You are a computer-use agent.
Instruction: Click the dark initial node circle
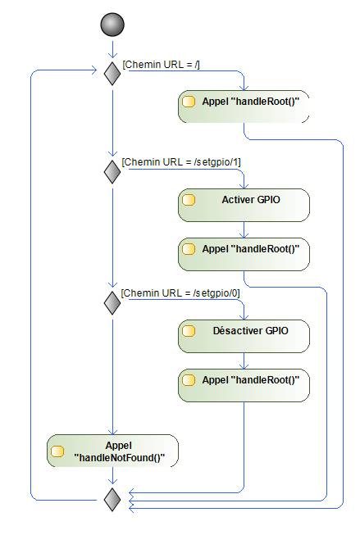click(112, 25)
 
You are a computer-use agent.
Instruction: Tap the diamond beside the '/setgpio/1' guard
click(112, 171)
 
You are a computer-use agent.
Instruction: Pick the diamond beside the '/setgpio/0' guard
click(112, 302)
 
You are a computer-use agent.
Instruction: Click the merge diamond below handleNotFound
click(112, 500)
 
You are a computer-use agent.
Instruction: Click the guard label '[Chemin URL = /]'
click(161, 65)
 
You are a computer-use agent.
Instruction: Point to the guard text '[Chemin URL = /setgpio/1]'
click(181, 162)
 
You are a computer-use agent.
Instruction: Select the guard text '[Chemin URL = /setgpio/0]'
click(180, 293)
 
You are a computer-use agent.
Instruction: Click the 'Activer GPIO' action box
click(244, 205)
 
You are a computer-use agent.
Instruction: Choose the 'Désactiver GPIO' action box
click(244, 336)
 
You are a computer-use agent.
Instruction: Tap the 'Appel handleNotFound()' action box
click(112, 451)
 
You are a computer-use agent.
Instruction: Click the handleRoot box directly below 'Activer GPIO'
click(244, 254)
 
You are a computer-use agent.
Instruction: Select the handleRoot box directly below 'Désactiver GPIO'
click(244, 385)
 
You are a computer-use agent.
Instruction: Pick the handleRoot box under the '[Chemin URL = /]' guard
click(244, 107)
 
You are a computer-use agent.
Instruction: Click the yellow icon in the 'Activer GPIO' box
click(189, 200)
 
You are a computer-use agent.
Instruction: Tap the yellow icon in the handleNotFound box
click(57, 451)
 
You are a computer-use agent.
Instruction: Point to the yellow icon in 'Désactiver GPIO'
click(189, 331)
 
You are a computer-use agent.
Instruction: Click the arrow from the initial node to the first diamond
click(112, 49)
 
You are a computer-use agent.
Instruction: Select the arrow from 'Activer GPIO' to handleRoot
click(244, 230)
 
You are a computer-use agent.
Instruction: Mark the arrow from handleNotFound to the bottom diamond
click(112, 476)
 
